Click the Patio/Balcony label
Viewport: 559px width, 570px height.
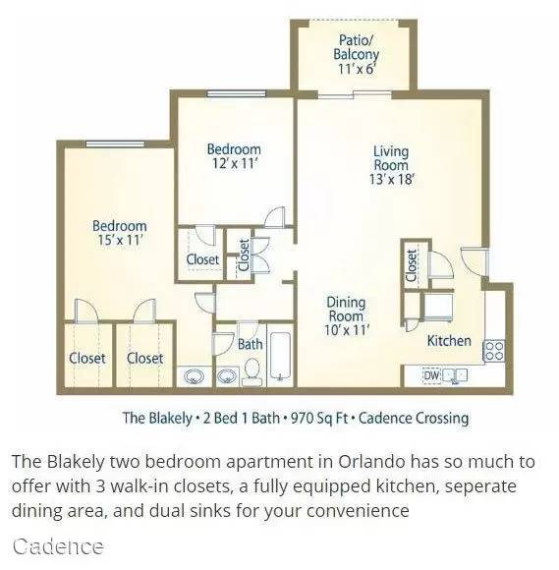pos(356,54)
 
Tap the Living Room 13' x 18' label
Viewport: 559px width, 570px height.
pos(392,165)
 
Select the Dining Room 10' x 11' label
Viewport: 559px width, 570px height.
pos(347,315)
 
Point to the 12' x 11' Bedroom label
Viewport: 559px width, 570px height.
pos(235,156)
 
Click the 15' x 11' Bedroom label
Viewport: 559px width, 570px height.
pos(120,233)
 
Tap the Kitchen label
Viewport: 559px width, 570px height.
pos(449,341)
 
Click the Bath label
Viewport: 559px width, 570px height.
pos(251,344)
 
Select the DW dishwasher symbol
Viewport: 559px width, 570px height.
pos(431,375)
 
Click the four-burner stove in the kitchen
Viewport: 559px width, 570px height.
pos(493,351)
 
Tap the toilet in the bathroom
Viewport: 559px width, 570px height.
pos(252,371)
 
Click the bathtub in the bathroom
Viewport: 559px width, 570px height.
pos(280,356)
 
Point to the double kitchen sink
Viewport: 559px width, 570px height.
pos(455,375)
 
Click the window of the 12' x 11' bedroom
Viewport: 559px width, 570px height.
pos(236,93)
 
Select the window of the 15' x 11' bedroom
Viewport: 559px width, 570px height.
pos(115,143)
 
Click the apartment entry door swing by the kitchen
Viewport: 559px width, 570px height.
pos(475,261)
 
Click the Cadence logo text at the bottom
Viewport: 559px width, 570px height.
pos(58,546)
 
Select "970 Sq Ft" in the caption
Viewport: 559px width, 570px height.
pos(319,418)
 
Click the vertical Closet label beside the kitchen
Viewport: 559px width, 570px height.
pos(412,265)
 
